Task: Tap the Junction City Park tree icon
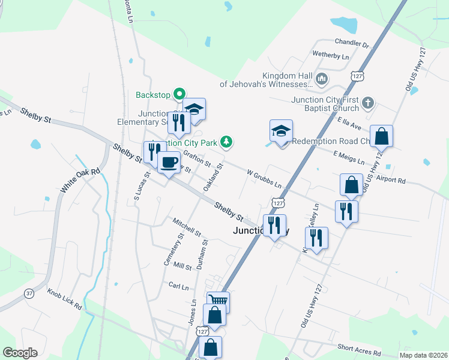226,142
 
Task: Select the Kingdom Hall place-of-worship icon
322,79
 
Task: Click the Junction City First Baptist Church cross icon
368,104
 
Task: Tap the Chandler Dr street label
352,43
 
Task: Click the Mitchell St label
187,227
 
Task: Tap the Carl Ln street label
178,286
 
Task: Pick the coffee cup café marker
169,161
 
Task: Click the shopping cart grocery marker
218,300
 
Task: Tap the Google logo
20,353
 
